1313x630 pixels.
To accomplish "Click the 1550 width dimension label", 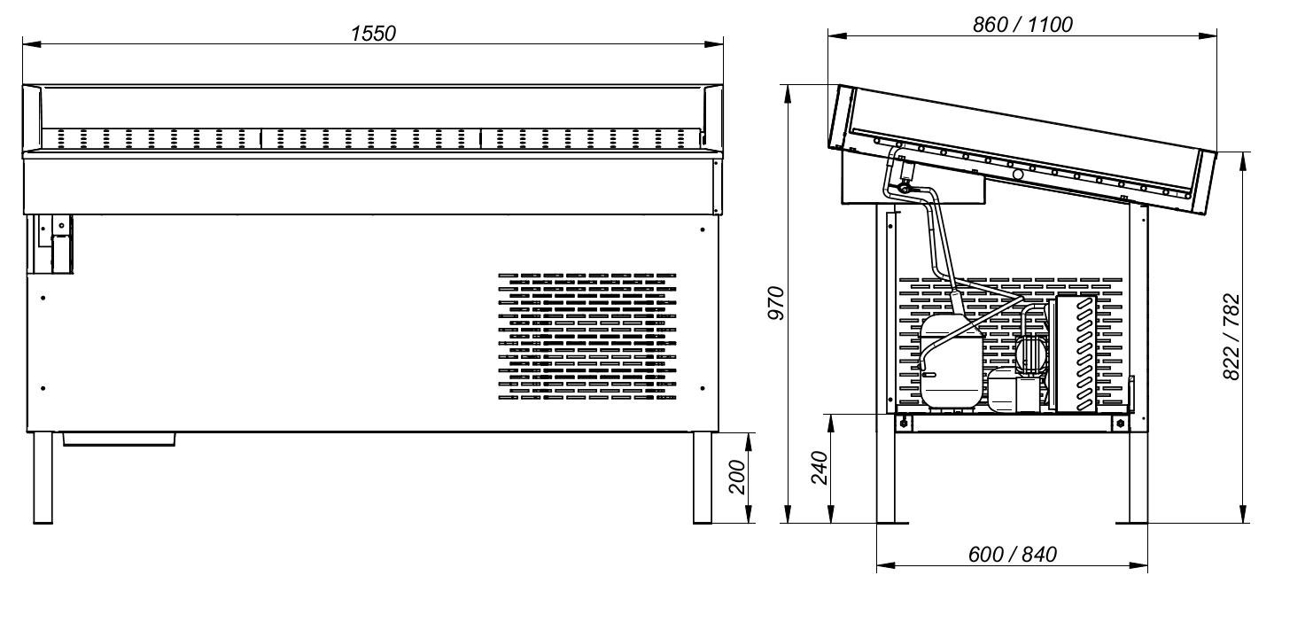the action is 373,34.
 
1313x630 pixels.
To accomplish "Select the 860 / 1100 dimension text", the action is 1022,25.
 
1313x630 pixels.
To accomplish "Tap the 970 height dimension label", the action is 776,303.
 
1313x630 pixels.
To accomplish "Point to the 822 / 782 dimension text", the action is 1231,337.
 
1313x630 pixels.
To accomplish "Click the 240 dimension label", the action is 820,468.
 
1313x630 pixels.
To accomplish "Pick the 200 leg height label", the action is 737,477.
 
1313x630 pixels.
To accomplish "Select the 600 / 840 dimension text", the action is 1013,555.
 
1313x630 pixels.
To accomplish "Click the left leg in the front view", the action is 43,478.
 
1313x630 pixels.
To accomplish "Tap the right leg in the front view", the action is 703,478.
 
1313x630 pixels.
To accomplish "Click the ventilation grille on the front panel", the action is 587,337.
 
